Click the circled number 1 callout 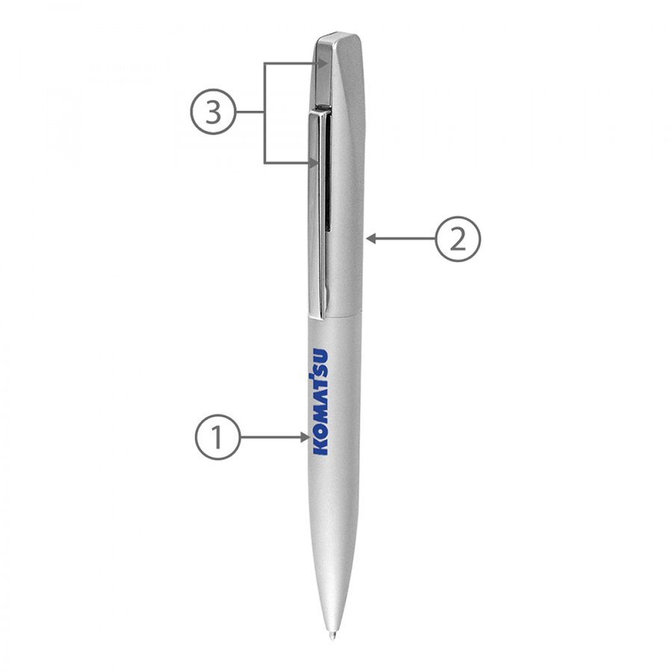tap(218, 437)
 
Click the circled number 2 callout tap(458, 239)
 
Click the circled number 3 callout tap(213, 112)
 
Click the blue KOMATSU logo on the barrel tap(320, 402)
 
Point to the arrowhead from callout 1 tap(305, 437)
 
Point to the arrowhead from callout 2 tap(372, 239)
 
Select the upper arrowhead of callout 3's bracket tap(323, 63)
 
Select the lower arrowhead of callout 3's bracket tap(314, 163)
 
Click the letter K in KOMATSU tap(320, 447)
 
